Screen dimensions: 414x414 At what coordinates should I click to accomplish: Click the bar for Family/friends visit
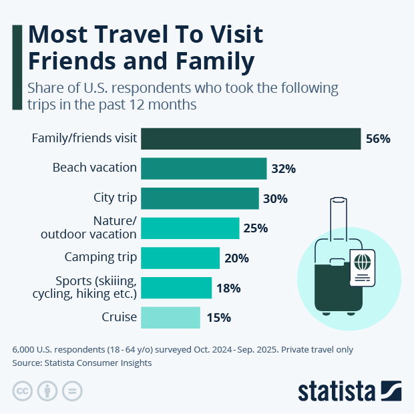[251, 139]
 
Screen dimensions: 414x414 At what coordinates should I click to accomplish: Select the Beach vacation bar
[204, 168]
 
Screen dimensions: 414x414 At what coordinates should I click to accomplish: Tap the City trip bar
[200, 198]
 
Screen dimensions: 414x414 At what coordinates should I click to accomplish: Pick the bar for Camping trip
[180, 258]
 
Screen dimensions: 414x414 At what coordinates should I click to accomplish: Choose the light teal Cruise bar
[170, 317]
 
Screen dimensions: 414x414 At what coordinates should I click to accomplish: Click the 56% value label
[378, 139]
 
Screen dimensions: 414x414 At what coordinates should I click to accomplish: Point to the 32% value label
[283, 169]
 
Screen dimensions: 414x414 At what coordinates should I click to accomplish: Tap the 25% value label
[256, 228]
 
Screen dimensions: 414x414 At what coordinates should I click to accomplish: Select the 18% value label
[228, 288]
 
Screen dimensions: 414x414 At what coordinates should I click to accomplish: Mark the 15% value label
[218, 318]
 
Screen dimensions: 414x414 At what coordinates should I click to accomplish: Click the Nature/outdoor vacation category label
[89, 228]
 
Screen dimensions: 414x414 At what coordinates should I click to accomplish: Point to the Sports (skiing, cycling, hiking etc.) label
[85, 287]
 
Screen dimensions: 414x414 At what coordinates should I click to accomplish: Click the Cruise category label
[120, 317]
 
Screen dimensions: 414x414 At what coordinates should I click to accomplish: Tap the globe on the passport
[363, 260]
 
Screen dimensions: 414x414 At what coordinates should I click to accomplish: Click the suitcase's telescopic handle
[339, 224]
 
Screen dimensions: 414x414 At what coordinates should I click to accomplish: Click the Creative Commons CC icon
[23, 391]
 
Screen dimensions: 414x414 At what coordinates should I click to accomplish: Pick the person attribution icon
[47, 391]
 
